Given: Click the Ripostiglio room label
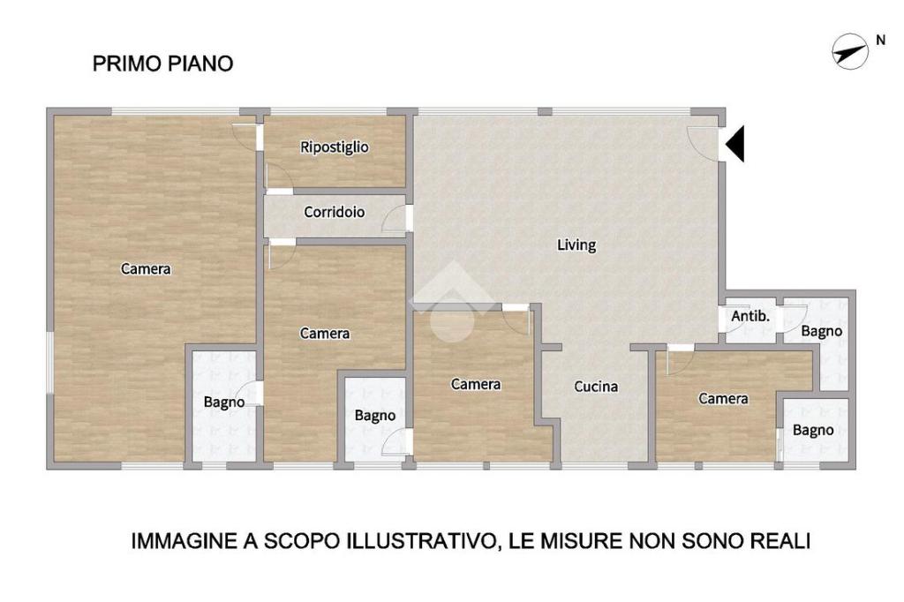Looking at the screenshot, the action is click(335, 147).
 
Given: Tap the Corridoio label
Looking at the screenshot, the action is click(335, 212).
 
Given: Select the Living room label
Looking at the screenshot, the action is click(576, 245).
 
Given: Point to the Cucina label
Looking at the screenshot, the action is click(596, 387).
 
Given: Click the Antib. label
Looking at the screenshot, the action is click(750, 316).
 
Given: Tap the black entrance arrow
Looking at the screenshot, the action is click(734, 144).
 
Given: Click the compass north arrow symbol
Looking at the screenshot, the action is click(850, 52).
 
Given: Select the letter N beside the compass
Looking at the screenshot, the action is click(880, 41).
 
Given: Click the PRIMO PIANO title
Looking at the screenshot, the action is click(162, 64).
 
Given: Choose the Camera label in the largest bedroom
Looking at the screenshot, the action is click(146, 268).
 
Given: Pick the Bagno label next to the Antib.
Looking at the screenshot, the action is click(822, 332).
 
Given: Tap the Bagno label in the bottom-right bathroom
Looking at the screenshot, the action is click(813, 430).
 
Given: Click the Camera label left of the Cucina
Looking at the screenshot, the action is click(476, 384).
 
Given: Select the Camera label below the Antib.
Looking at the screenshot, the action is click(724, 398).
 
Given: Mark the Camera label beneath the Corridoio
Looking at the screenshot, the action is click(325, 334).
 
